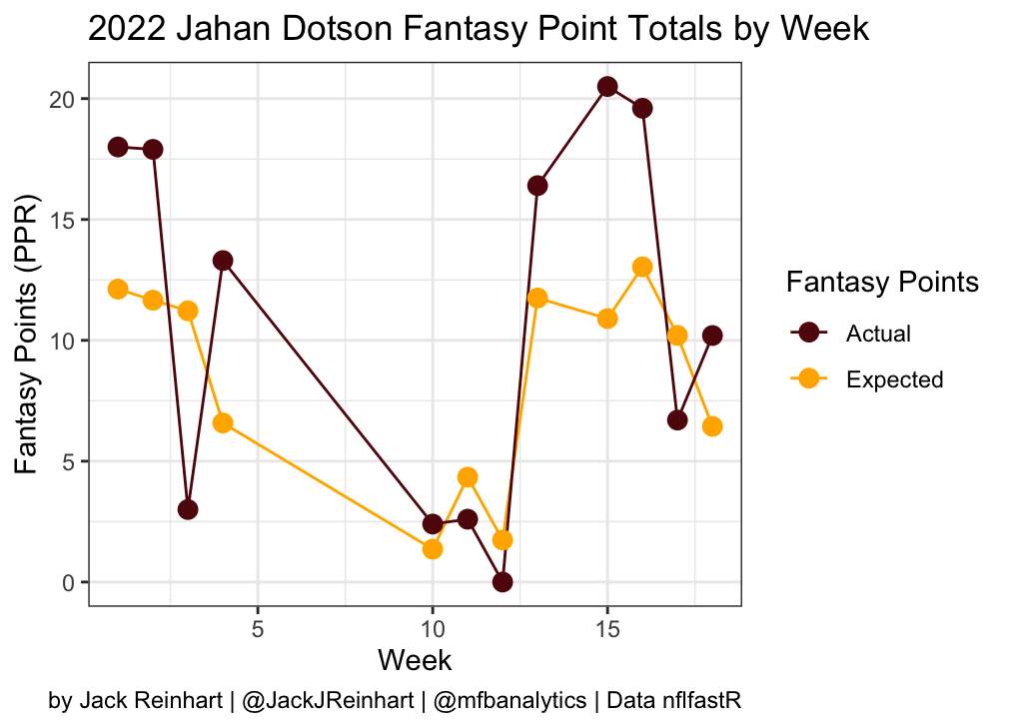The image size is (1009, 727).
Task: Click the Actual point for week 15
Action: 607,87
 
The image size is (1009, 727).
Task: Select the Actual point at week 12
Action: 503,582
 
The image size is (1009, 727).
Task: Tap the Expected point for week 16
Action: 642,267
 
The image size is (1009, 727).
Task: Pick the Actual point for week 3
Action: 188,509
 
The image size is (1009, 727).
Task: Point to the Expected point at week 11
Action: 468,477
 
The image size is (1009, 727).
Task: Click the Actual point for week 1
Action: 118,147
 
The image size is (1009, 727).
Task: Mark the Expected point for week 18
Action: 712,426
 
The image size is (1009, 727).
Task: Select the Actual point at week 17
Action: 677,420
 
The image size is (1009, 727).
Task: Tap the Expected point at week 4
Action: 223,423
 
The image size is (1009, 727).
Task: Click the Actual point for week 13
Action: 537,186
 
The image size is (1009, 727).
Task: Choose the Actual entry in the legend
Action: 878,333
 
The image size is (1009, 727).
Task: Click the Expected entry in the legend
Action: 893,379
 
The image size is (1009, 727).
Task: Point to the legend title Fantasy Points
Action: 882,283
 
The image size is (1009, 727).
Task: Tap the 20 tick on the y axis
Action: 64,99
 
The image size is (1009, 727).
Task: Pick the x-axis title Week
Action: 415,660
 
